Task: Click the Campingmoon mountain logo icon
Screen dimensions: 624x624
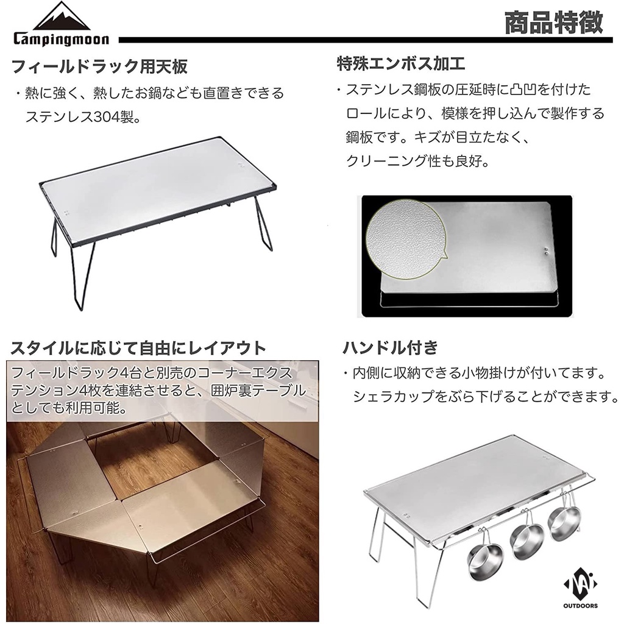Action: tap(62, 17)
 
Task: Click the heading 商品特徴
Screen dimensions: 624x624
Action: tap(553, 23)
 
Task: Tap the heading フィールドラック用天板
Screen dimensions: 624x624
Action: tap(100, 66)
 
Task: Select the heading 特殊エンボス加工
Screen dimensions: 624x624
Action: tap(401, 63)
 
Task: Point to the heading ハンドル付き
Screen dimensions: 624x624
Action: tap(391, 348)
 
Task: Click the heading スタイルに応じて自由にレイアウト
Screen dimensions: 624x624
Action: tap(138, 349)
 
